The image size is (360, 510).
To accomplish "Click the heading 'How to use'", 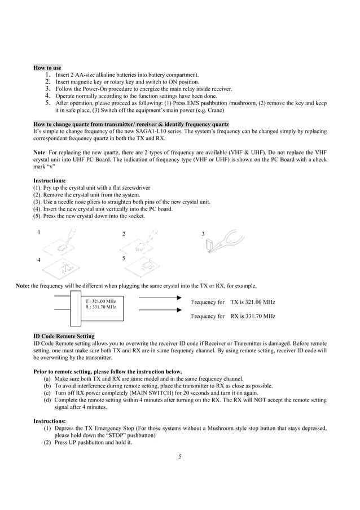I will (47, 68).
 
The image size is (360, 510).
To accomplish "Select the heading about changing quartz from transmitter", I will (131, 124).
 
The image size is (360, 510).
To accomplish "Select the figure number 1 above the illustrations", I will (38, 232).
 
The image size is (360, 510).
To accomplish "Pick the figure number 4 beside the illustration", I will (38, 260).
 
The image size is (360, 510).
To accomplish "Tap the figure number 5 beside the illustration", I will (123, 258).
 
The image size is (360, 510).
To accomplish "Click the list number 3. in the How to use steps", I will (48, 89).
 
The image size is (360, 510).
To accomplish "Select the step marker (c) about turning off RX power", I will (47, 393).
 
